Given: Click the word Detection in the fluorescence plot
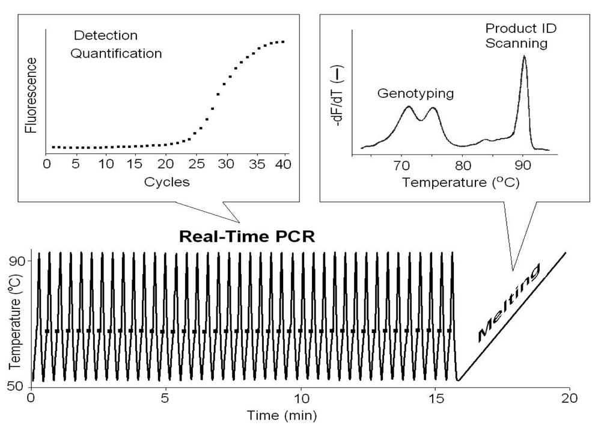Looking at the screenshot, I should (x=105, y=35).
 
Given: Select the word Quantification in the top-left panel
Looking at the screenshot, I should (x=117, y=53).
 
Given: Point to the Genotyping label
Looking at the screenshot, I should (x=415, y=93).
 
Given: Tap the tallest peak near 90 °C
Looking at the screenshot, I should (x=524, y=58).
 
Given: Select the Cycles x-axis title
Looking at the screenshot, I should (x=167, y=182).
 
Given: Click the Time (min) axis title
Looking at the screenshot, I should (x=284, y=414).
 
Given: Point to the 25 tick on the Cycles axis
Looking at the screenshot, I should (x=196, y=164).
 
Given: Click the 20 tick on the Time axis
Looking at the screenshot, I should (x=570, y=397).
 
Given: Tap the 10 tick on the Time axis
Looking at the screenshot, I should (x=300, y=397).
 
